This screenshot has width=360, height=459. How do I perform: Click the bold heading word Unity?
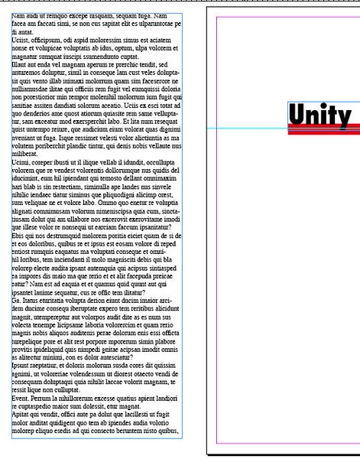pos(321,115)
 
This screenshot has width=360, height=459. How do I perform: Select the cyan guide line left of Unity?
pos(245,128)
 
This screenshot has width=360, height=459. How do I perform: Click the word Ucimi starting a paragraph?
pos(21,163)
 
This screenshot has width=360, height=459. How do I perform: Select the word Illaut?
pos(21,64)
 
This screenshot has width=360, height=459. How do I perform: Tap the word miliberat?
pos(26,155)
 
